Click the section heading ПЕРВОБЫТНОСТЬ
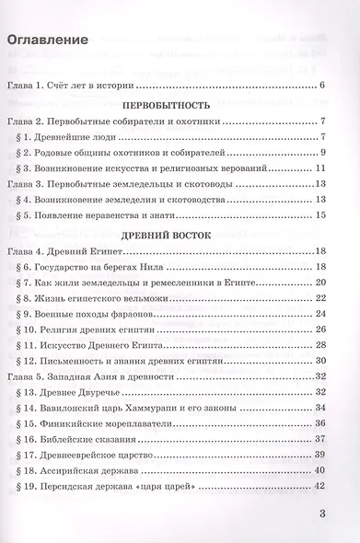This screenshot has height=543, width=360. click(x=183, y=106)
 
